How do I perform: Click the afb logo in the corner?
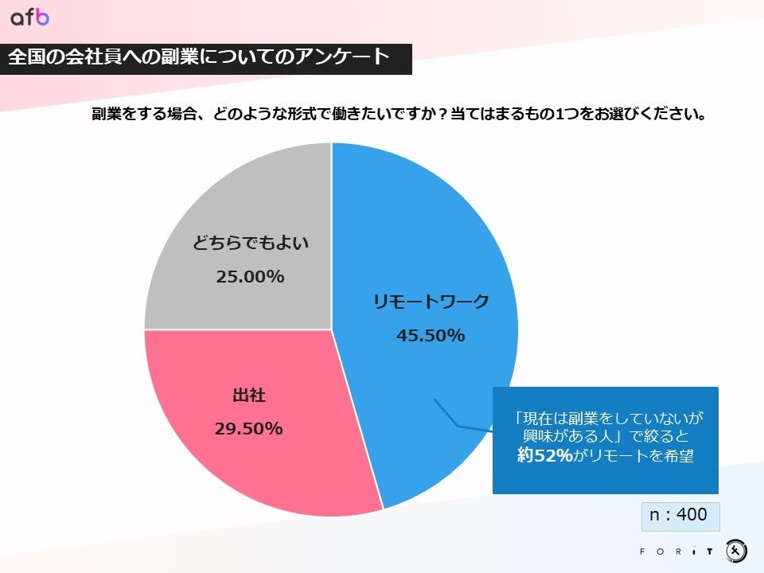(29, 17)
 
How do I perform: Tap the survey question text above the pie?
(400, 114)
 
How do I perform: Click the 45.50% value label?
(431, 336)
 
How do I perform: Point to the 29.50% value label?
(248, 429)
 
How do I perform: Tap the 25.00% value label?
(250, 277)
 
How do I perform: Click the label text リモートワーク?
(431, 302)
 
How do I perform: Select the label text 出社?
(248, 396)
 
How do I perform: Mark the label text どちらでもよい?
(250, 244)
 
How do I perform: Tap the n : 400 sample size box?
(680, 516)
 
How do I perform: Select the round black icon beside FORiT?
(736, 550)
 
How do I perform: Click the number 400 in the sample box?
(692, 516)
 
